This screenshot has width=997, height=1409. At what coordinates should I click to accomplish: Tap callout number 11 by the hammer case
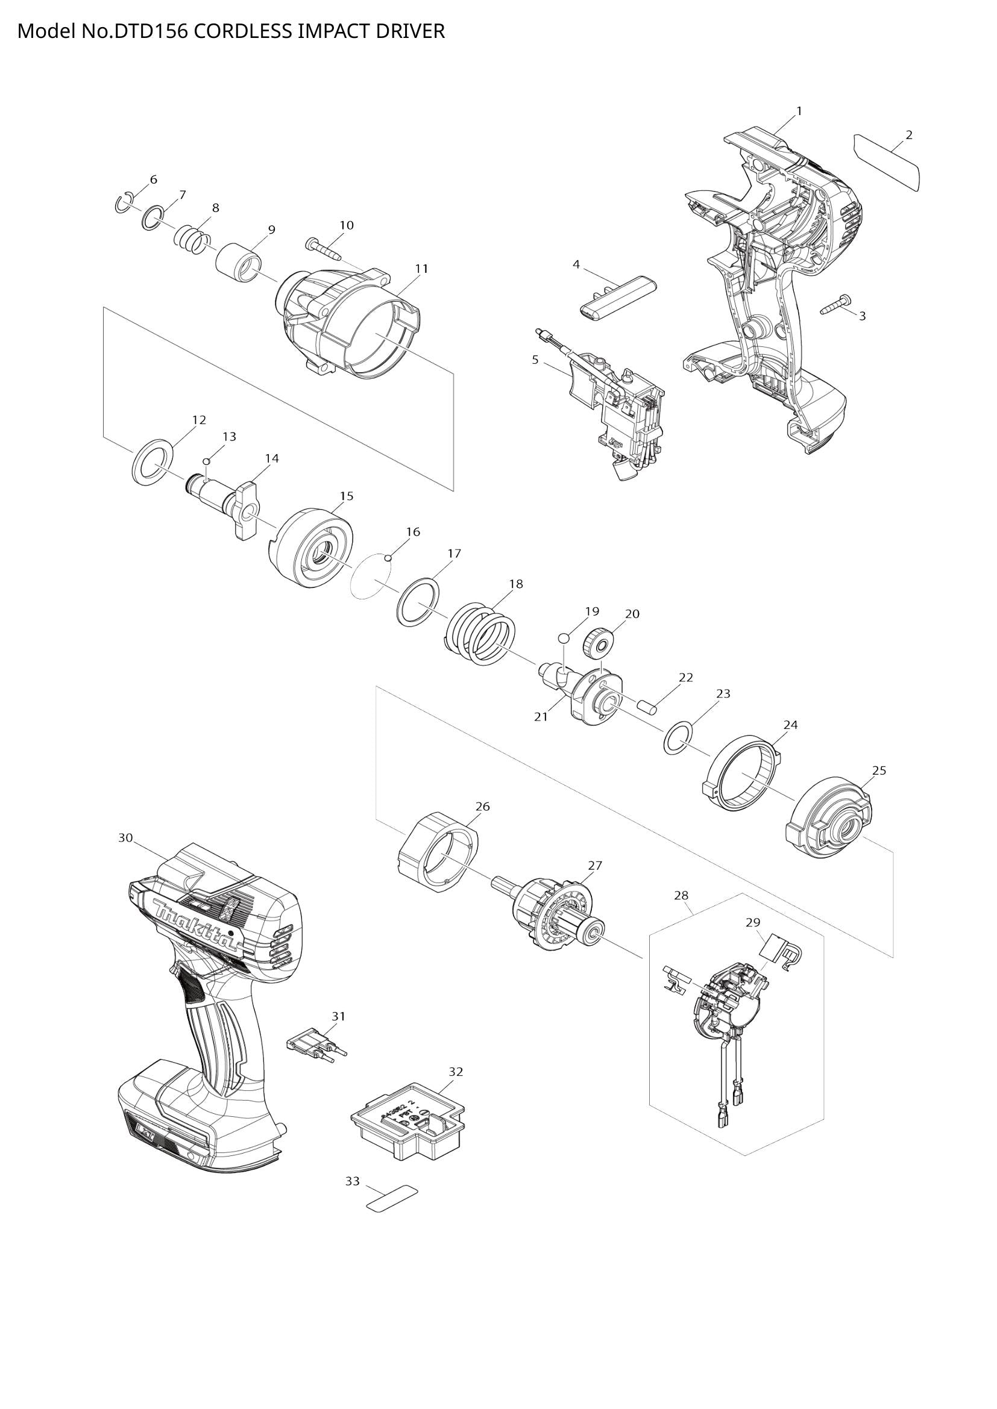tap(421, 269)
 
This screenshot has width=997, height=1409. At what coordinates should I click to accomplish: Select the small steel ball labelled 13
tap(207, 461)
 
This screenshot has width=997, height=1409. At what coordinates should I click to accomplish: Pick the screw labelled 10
tap(322, 249)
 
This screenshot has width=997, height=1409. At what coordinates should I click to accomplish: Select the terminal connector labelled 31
tap(315, 1045)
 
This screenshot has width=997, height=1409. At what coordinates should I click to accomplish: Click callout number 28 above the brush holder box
tap(681, 895)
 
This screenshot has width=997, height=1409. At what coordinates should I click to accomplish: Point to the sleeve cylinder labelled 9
tap(239, 263)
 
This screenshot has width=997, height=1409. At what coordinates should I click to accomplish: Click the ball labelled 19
tap(565, 639)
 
